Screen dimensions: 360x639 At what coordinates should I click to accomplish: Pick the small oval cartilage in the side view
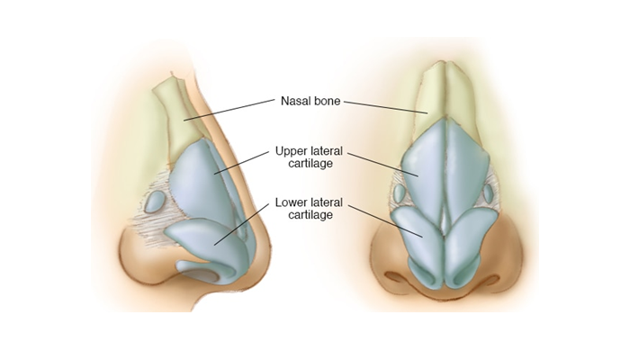point(157,199)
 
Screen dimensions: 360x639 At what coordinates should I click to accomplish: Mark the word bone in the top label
point(325,102)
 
